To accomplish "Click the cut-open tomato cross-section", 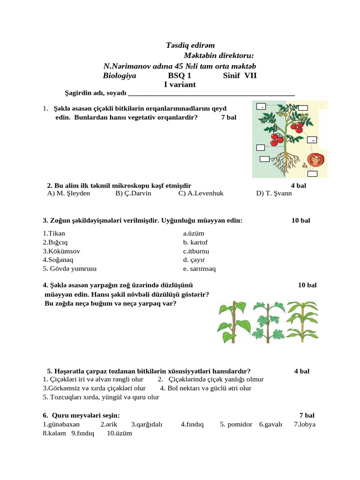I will point(316,160).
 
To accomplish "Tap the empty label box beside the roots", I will point(264,159).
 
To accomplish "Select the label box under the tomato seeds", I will point(312,174).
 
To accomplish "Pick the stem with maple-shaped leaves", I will point(267,320).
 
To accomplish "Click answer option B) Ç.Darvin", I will point(133,193).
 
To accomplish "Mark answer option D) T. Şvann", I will point(274,193).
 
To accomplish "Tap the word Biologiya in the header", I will point(120,76).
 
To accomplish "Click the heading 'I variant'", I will point(180,85).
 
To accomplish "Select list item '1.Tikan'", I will point(54,233).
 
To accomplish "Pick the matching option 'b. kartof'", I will point(195,242).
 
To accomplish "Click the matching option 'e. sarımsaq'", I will point(199,269).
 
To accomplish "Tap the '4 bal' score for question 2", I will point(298,186).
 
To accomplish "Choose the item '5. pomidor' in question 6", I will point(236,425).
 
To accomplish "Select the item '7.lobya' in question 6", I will point(305,425).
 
